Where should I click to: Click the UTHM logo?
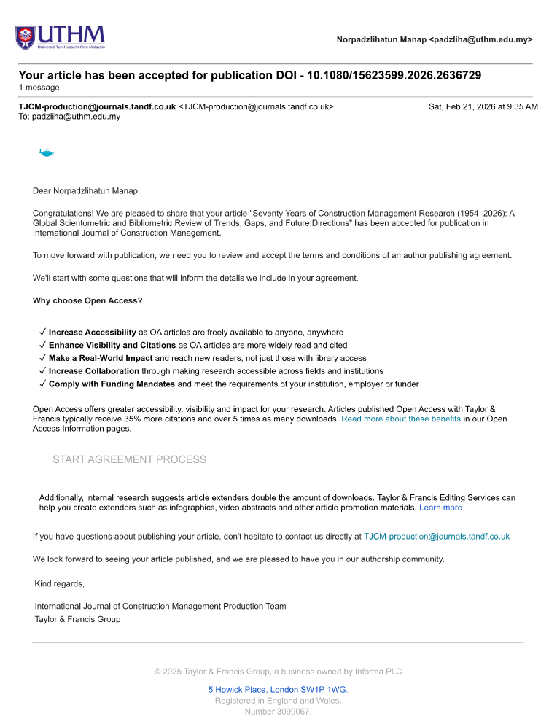pyautogui.click(x=60, y=36)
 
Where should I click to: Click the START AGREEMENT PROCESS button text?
pyautogui.click(x=129, y=459)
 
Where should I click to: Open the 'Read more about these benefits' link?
pyautogui.click(x=400, y=419)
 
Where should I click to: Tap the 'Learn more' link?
pyautogui.click(x=440, y=508)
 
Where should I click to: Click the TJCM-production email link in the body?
pyautogui.click(x=436, y=537)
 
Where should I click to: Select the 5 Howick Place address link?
pyautogui.click(x=277, y=689)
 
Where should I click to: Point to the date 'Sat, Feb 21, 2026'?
pyautogui.click(x=483, y=106)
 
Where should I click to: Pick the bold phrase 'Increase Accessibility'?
pyautogui.click(x=93, y=333)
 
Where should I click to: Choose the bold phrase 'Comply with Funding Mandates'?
pyautogui.click(x=112, y=384)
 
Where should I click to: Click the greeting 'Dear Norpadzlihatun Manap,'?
pyautogui.click(x=86, y=191)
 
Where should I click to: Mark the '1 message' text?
pyautogui.click(x=39, y=88)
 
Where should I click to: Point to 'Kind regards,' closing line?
pyautogui.click(x=60, y=583)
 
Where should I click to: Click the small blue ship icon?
pyautogui.click(x=47, y=152)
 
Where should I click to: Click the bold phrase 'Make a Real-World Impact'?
pyautogui.click(x=101, y=358)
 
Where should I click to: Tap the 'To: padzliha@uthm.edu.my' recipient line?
pyautogui.click(x=69, y=117)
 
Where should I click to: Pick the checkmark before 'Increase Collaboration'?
pyautogui.click(x=43, y=371)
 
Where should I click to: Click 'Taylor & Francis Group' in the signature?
pyautogui.click(x=77, y=619)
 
